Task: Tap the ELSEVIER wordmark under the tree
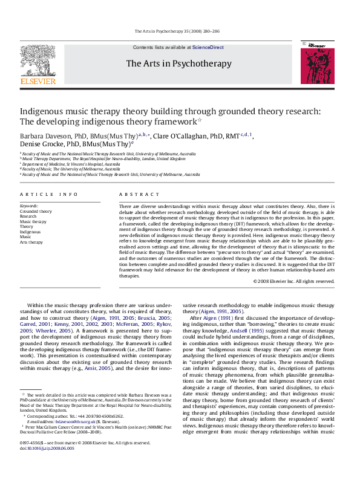coord(38,80)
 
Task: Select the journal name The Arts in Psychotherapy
coord(178,63)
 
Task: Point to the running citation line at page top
coord(179,31)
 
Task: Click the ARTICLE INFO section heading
coord(49,194)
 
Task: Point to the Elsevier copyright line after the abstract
coord(294,281)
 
